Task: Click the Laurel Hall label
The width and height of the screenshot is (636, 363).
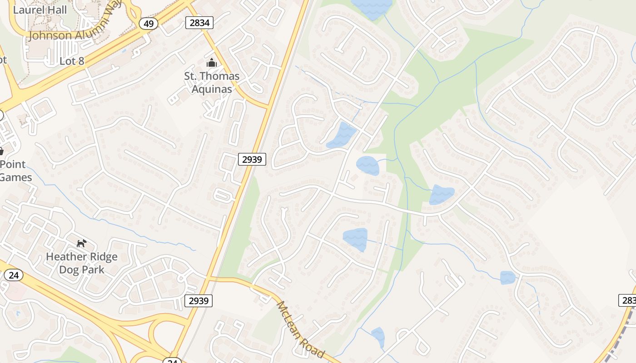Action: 40,10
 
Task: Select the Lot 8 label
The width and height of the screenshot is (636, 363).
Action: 72,61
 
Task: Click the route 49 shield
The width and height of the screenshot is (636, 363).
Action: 149,24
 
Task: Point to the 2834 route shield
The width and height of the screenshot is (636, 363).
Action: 199,23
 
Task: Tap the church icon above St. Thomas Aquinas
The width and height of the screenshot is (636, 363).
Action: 211,63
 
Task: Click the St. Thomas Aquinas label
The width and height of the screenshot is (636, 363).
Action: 212,82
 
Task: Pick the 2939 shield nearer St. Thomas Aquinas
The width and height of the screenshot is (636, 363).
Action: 252,159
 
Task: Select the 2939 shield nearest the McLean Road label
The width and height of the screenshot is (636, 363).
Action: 199,300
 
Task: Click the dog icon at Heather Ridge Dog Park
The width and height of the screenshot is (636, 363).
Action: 81,244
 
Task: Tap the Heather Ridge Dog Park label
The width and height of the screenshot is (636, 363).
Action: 82,263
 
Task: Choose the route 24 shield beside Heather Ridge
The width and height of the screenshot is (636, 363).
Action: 13,275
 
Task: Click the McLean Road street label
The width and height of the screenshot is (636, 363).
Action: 300,329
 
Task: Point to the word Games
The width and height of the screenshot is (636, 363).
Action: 16,177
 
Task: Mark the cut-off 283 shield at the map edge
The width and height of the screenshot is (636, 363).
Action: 628,300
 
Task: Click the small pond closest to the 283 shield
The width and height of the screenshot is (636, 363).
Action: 507,277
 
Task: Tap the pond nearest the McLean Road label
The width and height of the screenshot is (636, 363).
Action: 378,337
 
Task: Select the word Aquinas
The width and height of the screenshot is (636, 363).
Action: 212,89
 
